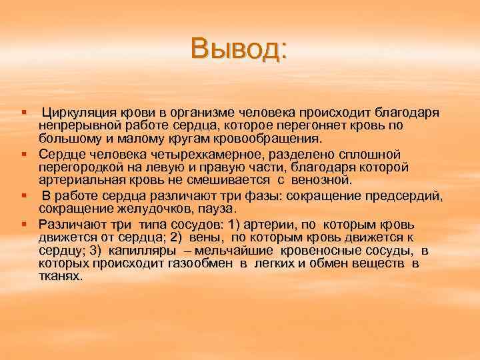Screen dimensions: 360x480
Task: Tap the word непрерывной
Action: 75,125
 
